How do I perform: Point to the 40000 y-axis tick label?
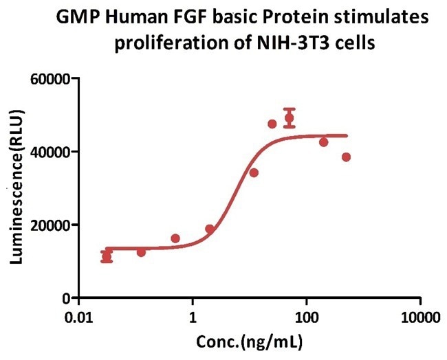click(x=52, y=152)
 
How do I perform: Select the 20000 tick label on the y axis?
click(x=52, y=225)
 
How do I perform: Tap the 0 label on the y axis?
click(x=69, y=297)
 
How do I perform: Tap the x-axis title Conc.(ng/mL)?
click(x=250, y=341)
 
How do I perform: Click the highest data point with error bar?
click(x=290, y=117)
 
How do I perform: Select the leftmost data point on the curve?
click(x=107, y=257)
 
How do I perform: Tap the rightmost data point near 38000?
click(x=346, y=157)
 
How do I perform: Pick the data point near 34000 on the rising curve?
click(x=254, y=172)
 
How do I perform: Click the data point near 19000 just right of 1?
click(x=210, y=229)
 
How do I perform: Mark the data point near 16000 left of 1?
click(x=175, y=238)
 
